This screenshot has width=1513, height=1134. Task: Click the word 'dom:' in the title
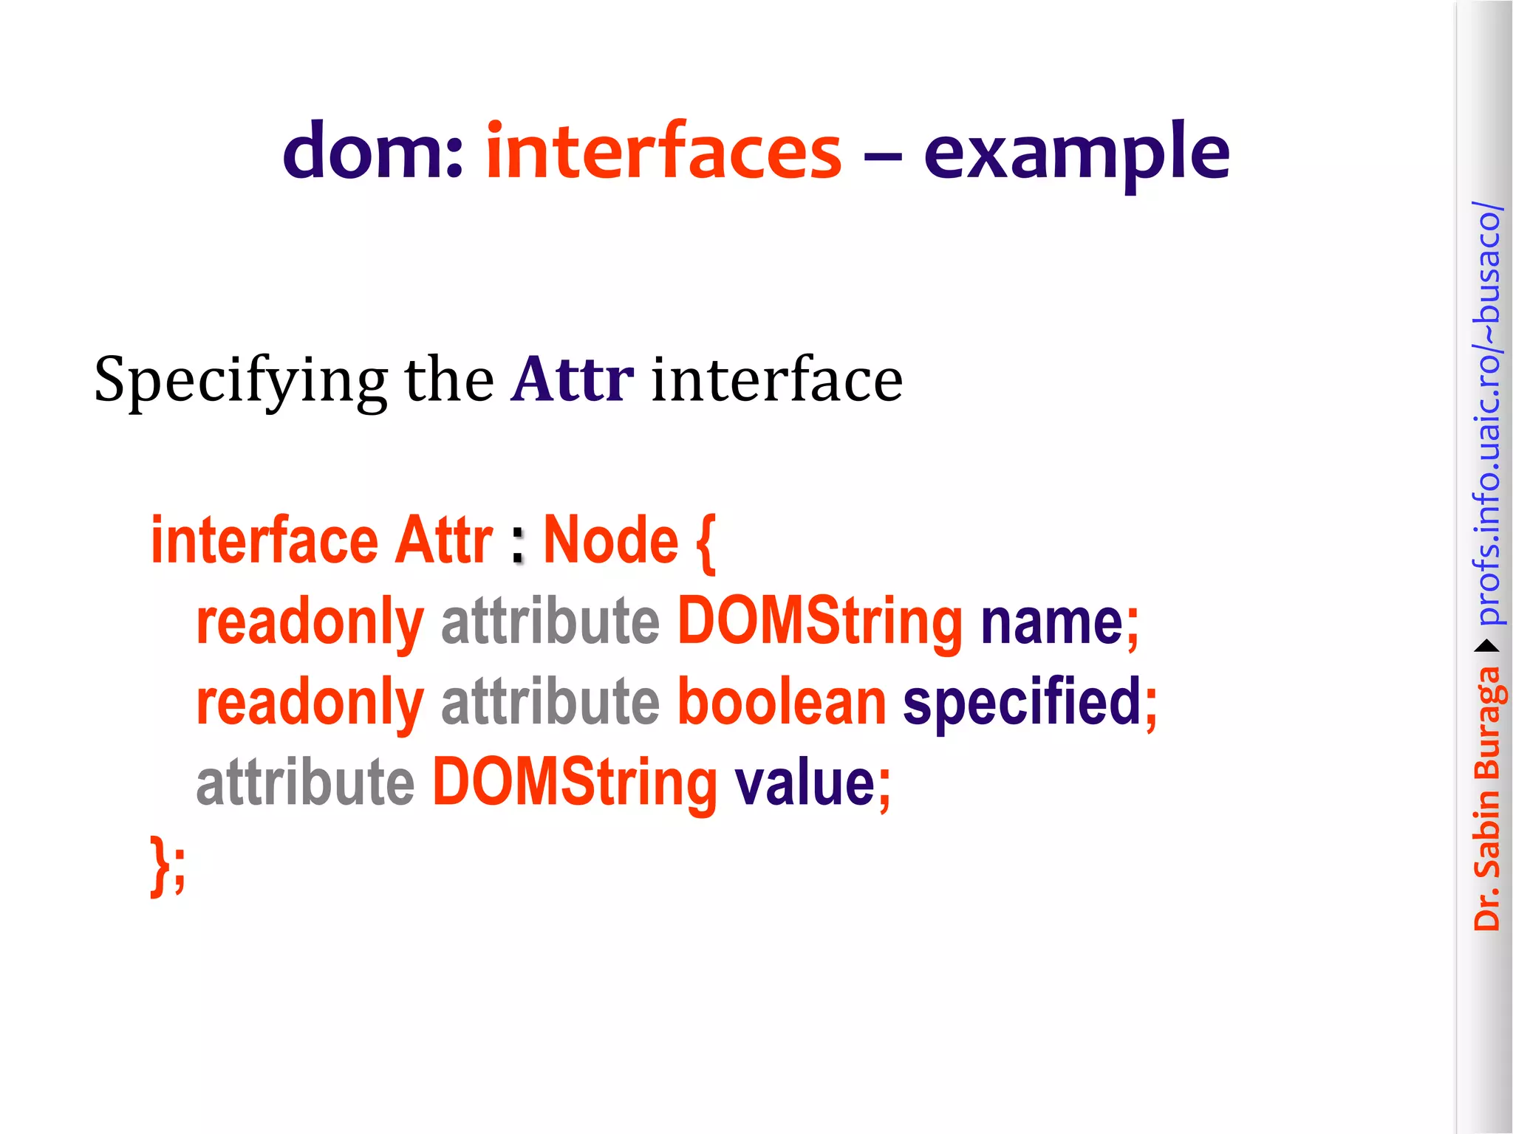372,151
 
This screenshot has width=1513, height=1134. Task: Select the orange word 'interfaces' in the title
663,151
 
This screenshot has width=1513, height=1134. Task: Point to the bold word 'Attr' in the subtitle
572,379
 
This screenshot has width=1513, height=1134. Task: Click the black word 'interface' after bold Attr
776,379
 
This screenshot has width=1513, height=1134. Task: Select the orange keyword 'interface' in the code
264,540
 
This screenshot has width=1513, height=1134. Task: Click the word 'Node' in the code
610,540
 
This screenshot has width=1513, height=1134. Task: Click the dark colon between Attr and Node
518,546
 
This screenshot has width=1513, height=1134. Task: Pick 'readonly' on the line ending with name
310,622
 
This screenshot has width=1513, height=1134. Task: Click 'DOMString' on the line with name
820,622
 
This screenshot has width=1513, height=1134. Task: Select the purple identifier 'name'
1052,622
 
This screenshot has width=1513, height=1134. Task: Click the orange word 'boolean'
782,702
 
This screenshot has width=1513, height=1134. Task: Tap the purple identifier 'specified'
1022,702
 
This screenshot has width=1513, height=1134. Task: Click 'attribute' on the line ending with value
305,783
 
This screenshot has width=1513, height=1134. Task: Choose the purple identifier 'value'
805,783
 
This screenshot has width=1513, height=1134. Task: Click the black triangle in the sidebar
1486,647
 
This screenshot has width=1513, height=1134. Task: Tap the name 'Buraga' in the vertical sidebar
1486,724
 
